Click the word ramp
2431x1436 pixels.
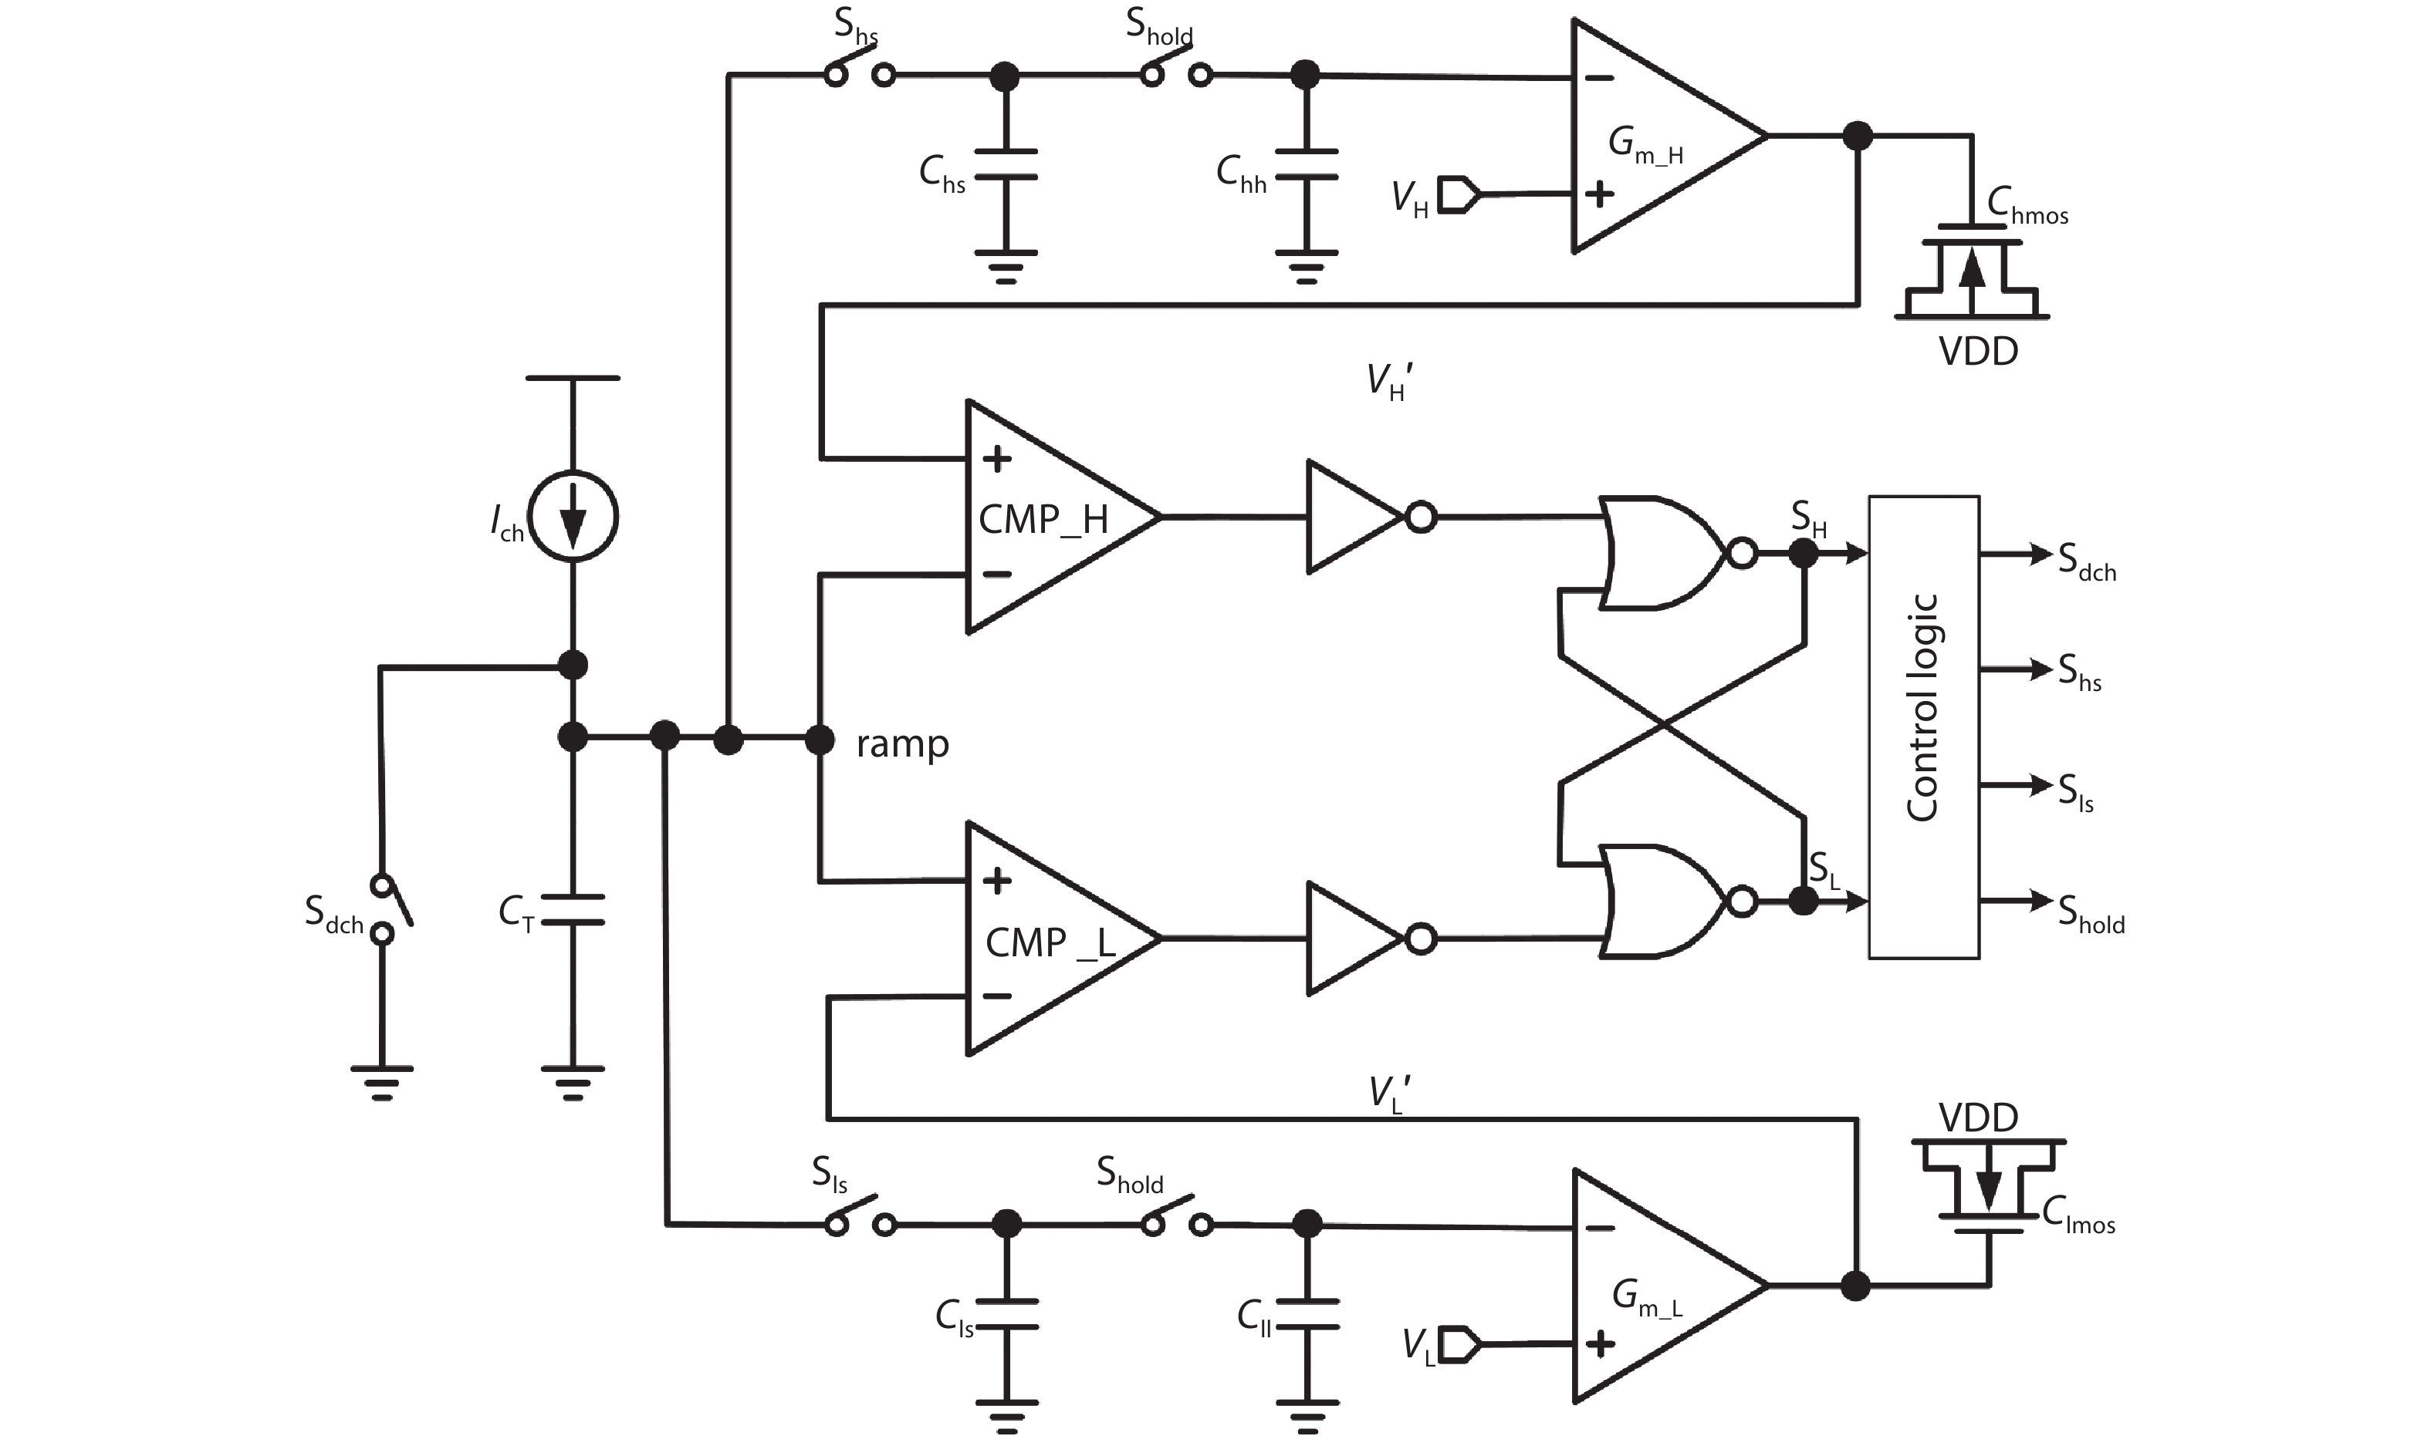902,744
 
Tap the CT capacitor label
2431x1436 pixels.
517,912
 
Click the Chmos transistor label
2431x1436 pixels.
2027,205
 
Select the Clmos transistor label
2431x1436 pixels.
2078,1215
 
